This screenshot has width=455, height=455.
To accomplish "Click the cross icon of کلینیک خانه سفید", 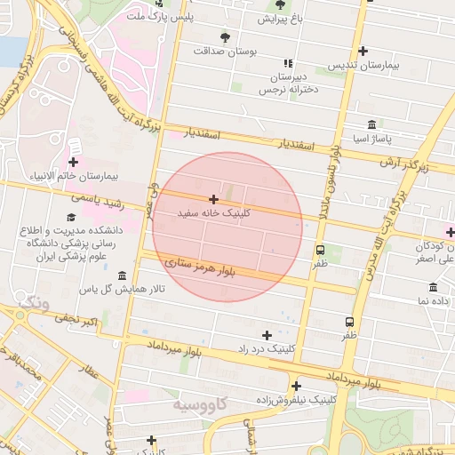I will (213, 200).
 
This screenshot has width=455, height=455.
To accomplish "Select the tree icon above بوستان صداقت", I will (224, 37).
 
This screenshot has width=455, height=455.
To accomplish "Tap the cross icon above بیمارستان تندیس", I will (362, 51).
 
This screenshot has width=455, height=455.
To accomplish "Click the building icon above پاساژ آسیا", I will (371, 124).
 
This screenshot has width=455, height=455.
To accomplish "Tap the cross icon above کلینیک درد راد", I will (267, 335).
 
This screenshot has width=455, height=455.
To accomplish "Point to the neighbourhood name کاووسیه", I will (200, 405).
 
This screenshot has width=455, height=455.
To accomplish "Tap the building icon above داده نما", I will (433, 287).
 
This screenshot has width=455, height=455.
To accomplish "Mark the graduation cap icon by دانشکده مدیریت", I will (71, 217).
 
